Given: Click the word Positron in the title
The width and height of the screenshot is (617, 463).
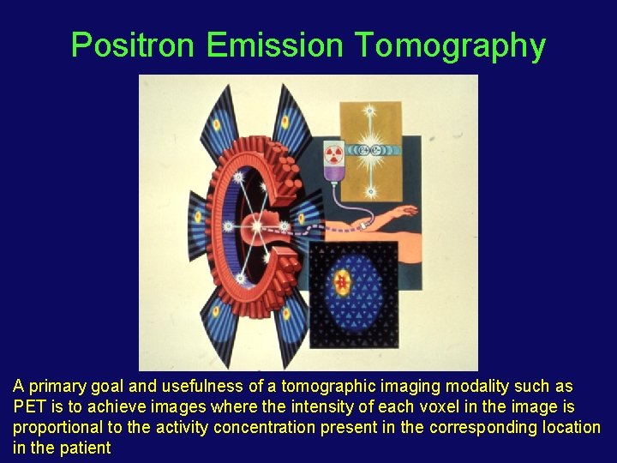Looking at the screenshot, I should tap(133, 45).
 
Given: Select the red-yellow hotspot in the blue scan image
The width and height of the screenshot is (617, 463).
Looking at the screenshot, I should tap(344, 282).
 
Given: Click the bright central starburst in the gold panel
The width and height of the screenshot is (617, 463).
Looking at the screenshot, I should tap(370, 148).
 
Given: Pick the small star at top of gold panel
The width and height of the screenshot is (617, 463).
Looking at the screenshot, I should tap(370, 111).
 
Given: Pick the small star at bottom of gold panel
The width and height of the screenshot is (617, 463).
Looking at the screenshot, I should tap(370, 190).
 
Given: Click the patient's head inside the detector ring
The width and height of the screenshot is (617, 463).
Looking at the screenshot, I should tap(258, 228).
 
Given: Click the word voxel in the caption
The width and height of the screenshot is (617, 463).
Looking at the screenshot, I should tap(438, 406).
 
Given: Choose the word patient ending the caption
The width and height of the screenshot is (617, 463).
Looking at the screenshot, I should tap(87, 448).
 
